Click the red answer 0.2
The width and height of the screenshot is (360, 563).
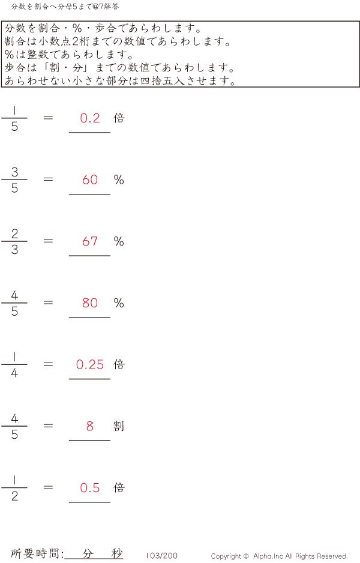click(x=90, y=118)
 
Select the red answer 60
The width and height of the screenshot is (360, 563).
click(x=90, y=179)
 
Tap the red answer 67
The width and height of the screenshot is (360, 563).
click(x=90, y=241)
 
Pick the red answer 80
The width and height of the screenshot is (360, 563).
click(x=90, y=303)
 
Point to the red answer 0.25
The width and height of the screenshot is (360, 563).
click(x=90, y=364)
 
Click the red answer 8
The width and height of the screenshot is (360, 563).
click(x=90, y=426)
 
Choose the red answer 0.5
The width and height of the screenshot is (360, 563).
click(x=90, y=488)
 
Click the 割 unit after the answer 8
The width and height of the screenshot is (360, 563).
click(x=119, y=426)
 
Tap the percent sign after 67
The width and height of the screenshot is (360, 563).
click(x=119, y=241)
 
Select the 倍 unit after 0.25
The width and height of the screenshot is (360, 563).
click(x=119, y=364)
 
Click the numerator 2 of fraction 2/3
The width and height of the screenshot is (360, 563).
click(x=14, y=233)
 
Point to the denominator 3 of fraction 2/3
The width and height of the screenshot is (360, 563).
click(x=14, y=250)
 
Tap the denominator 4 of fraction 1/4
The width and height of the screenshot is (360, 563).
click(x=14, y=373)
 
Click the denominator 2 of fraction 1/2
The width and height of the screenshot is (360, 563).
click(x=14, y=496)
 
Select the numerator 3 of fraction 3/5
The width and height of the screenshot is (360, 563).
click(x=14, y=172)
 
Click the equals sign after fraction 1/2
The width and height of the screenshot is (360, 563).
click(x=49, y=487)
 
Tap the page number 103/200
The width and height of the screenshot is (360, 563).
click(x=161, y=556)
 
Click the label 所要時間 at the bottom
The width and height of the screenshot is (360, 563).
click(x=37, y=554)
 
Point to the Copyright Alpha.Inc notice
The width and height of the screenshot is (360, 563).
click(x=279, y=556)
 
